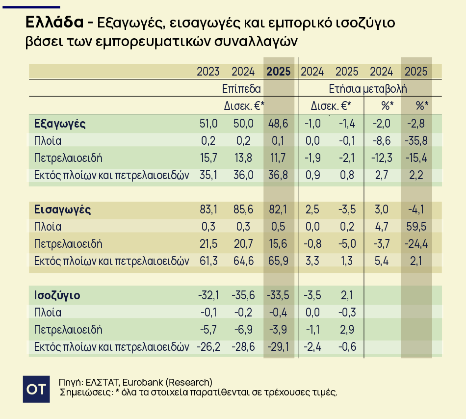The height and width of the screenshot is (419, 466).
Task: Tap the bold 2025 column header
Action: pyautogui.click(x=279, y=72)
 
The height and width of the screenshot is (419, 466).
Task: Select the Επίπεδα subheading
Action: pyautogui.click(x=241, y=89)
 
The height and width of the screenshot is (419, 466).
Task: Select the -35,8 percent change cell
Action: pyautogui.click(x=416, y=141)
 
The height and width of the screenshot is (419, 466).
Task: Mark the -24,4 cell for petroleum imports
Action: pyautogui.click(x=416, y=244)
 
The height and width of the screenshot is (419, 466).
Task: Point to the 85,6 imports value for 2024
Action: pyautogui.click(x=243, y=209)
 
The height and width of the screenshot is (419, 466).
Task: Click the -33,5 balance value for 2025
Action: pyautogui.click(x=279, y=295)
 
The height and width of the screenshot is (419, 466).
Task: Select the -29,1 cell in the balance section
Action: pyautogui.click(x=279, y=347)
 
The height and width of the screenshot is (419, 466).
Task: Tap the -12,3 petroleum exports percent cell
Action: pyautogui.click(x=381, y=158)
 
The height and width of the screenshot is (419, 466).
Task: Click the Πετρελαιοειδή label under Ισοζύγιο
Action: pyautogui.click(x=68, y=330)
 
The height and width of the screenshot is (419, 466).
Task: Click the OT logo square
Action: pyautogui.click(x=37, y=389)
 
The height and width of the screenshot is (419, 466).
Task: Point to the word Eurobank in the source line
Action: pyautogui.click(x=142, y=382)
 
